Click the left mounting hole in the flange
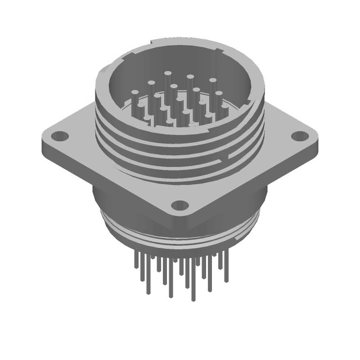[x=59, y=135]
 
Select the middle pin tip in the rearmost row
[x=190, y=77]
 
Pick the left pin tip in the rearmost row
[x=167, y=73]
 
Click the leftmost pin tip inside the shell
[x=135, y=93]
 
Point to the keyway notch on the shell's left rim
[x=104, y=71]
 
